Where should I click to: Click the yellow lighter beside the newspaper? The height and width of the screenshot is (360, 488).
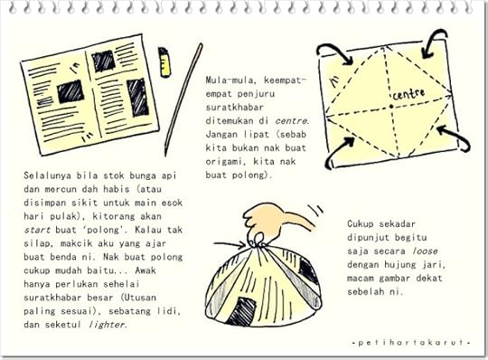(164, 62)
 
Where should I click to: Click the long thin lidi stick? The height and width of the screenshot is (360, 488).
(183, 99)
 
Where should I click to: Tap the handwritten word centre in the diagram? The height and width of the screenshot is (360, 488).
(408, 94)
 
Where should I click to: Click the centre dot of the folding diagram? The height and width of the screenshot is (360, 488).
(391, 107)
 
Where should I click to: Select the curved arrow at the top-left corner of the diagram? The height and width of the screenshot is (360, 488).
(335, 52)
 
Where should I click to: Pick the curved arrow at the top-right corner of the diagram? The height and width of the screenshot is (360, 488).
(432, 41)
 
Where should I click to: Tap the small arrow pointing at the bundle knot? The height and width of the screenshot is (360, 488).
(230, 245)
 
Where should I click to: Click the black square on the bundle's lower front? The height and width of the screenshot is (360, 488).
(242, 311)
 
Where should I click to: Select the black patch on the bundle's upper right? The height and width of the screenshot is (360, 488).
(308, 271)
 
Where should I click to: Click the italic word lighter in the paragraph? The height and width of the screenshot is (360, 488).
(107, 325)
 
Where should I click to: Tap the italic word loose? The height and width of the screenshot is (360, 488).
(425, 251)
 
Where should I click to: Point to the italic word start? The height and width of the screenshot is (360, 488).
(37, 230)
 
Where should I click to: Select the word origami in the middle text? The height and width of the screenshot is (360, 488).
(225, 162)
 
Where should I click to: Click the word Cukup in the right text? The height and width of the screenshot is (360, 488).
(361, 224)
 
